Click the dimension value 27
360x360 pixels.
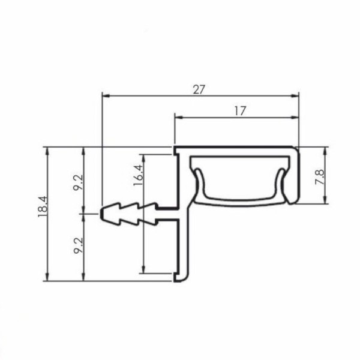[199, 89]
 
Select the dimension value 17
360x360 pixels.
[240, 111]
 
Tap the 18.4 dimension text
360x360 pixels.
[43, 206]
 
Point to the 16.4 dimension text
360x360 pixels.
[139, 175]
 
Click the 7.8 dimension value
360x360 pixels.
[319, 177]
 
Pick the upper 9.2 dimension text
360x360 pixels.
[78, 182]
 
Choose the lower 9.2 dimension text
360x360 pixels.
[78, 245]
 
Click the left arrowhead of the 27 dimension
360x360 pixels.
[106, 96]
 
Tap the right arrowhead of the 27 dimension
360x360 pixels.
[295, 96]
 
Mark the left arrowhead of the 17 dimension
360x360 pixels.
[179, 118]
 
